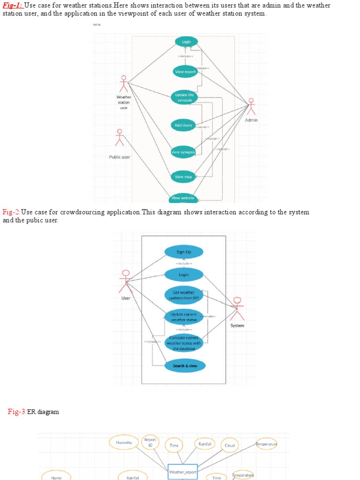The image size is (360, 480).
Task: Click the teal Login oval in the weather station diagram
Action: (186, 42)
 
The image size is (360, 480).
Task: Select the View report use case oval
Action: (185, 72)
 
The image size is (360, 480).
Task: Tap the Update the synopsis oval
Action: (184, 97)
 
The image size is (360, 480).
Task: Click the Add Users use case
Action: (183, 125)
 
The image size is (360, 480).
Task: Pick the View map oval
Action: (183, 177)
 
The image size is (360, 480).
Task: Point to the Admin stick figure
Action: (251, 107)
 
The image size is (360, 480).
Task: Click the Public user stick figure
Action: (120, 138)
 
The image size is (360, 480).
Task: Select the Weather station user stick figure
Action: (124, 84)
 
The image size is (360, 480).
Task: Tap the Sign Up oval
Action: (184, 252)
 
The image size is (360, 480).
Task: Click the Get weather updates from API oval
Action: (183, 295)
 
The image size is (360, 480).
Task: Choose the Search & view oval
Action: (185, 366)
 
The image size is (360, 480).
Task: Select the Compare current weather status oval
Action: (184, 343)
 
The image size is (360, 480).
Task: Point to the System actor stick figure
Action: (237, 309)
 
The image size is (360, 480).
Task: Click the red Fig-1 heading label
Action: (13, 6)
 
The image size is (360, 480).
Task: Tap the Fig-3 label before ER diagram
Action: (16, 412)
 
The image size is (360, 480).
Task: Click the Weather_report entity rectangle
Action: (183, 472)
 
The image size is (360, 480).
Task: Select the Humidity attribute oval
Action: (124, 442)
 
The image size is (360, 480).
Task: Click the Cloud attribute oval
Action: (230, 446)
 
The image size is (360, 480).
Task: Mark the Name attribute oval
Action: (56, 477)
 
